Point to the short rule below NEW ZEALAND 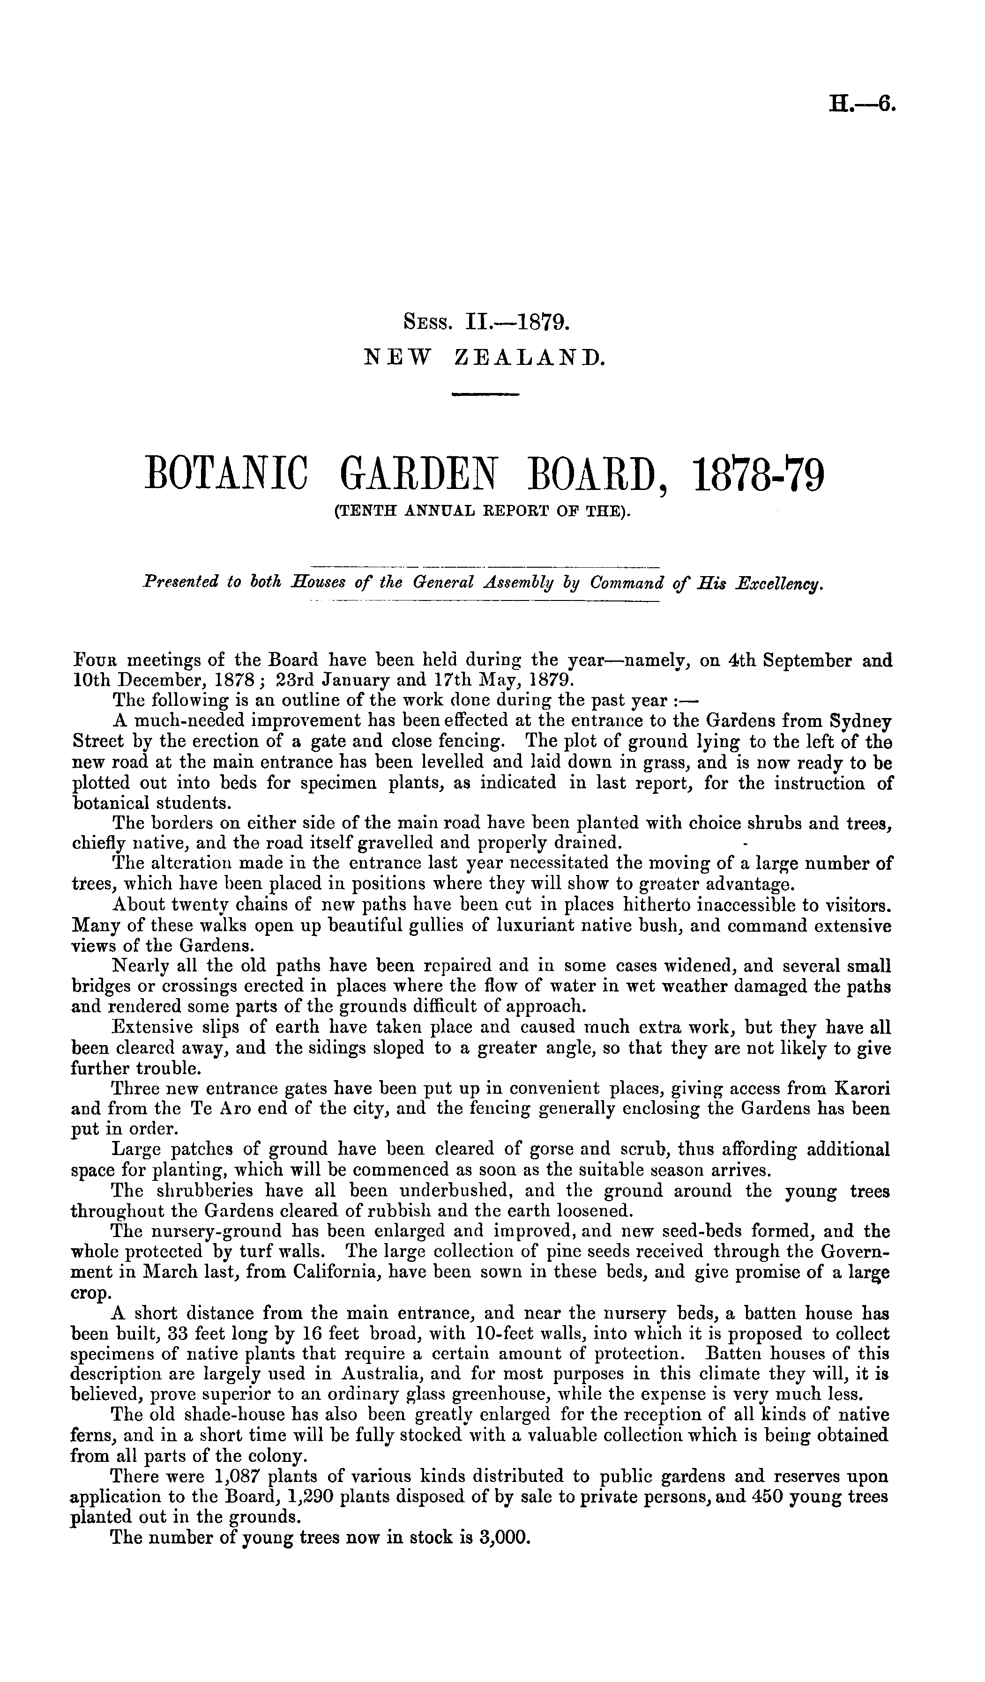point(485,395)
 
